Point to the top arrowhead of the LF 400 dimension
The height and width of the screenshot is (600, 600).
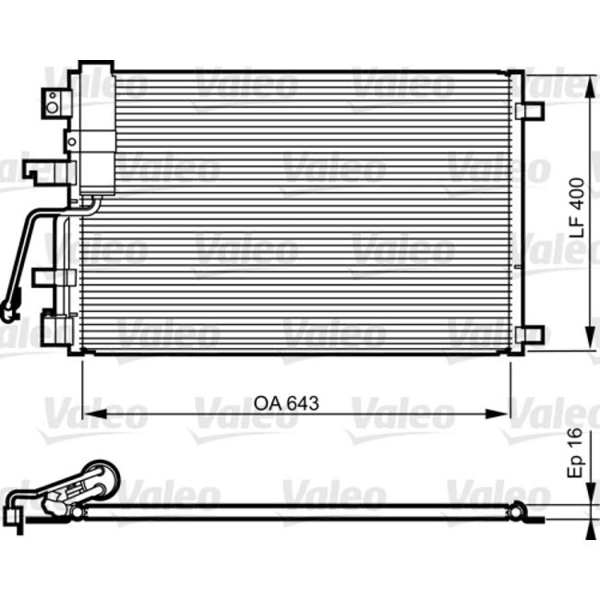click(589, 78)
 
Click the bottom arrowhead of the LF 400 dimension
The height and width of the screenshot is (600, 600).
click(589, 346)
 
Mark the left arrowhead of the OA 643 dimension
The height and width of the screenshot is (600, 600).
click(90, 412)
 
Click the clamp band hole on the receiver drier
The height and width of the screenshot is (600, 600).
click(71, 141)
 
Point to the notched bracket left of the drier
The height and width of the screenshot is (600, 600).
click(42, 171)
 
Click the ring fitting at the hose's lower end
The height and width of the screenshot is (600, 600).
click(10, 310)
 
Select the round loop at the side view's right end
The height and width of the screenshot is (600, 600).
click(518, 507)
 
